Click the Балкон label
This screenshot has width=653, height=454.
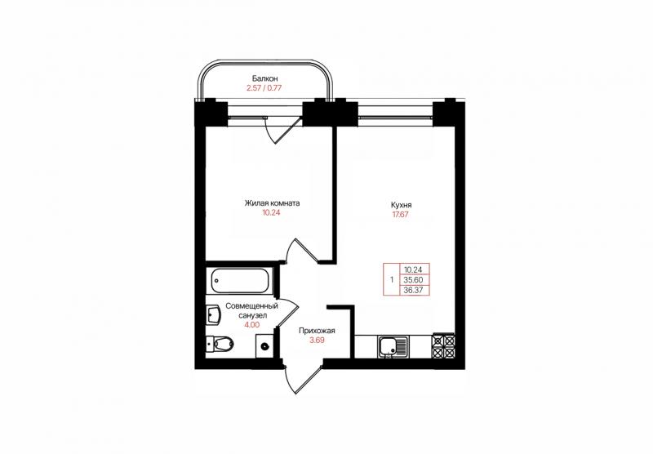pos(264,78)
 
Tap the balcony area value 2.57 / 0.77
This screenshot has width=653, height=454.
pos(264,88)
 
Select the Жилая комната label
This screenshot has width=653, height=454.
pos(272,203)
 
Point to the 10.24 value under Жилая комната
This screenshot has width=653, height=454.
pos(271,213)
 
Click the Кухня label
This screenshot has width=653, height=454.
pos(401,205)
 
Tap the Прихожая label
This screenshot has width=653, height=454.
pos(317,331)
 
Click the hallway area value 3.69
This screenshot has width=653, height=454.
pos(317,340)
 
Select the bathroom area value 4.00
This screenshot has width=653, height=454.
pos(252,325)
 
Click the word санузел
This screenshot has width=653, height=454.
pos(252,315)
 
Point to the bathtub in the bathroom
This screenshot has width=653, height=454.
pos(240,281)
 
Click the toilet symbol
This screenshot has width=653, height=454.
pos(220,344)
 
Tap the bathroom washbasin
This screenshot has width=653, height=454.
pos(214,315)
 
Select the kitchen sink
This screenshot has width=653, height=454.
pos(393,346)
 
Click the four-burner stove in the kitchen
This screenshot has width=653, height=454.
pos(443,346)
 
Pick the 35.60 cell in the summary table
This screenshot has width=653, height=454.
pos(413,280)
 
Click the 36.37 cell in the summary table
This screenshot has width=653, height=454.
pos(413,291)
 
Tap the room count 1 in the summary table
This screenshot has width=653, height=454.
pos(392,280)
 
